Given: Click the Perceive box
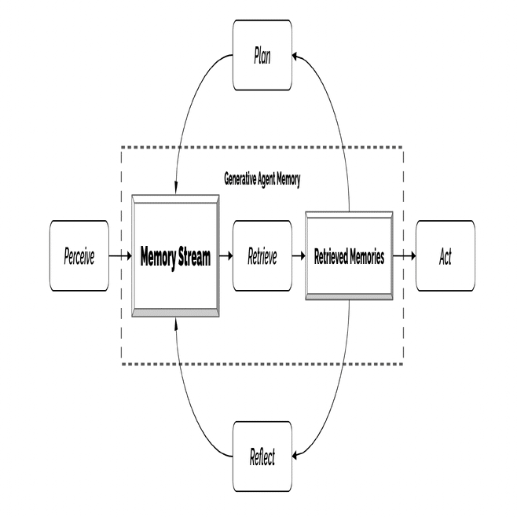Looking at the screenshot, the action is click(x=79, y=256).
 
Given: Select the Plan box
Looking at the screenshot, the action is click(x=262, y=55).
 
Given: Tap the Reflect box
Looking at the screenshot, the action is click(x=262, y=456).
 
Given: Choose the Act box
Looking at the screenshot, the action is click(x=445, y=256).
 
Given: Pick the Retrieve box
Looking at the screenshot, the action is click(x=262, y=256).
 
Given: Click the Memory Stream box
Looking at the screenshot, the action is click(x=175, y=256).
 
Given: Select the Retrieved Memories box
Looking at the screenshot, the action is click(x=349, y=256).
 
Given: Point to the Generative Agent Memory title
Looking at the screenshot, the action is click(x=262, y=180).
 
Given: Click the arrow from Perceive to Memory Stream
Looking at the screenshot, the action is click(x=120, y=255).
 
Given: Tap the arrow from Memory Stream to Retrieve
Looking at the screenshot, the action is click(x=226, y=255).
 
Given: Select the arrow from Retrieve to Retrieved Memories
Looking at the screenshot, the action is click(x=299, y=255).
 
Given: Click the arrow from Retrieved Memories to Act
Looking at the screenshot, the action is click(x=405, y=255).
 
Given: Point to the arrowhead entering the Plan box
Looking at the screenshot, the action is click(x=295, y=57).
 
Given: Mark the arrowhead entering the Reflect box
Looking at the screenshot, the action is click(x=295, y=456).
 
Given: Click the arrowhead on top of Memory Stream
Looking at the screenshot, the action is click(x=176, y=189).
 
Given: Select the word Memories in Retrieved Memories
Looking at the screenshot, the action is click(x=367, y=256).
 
